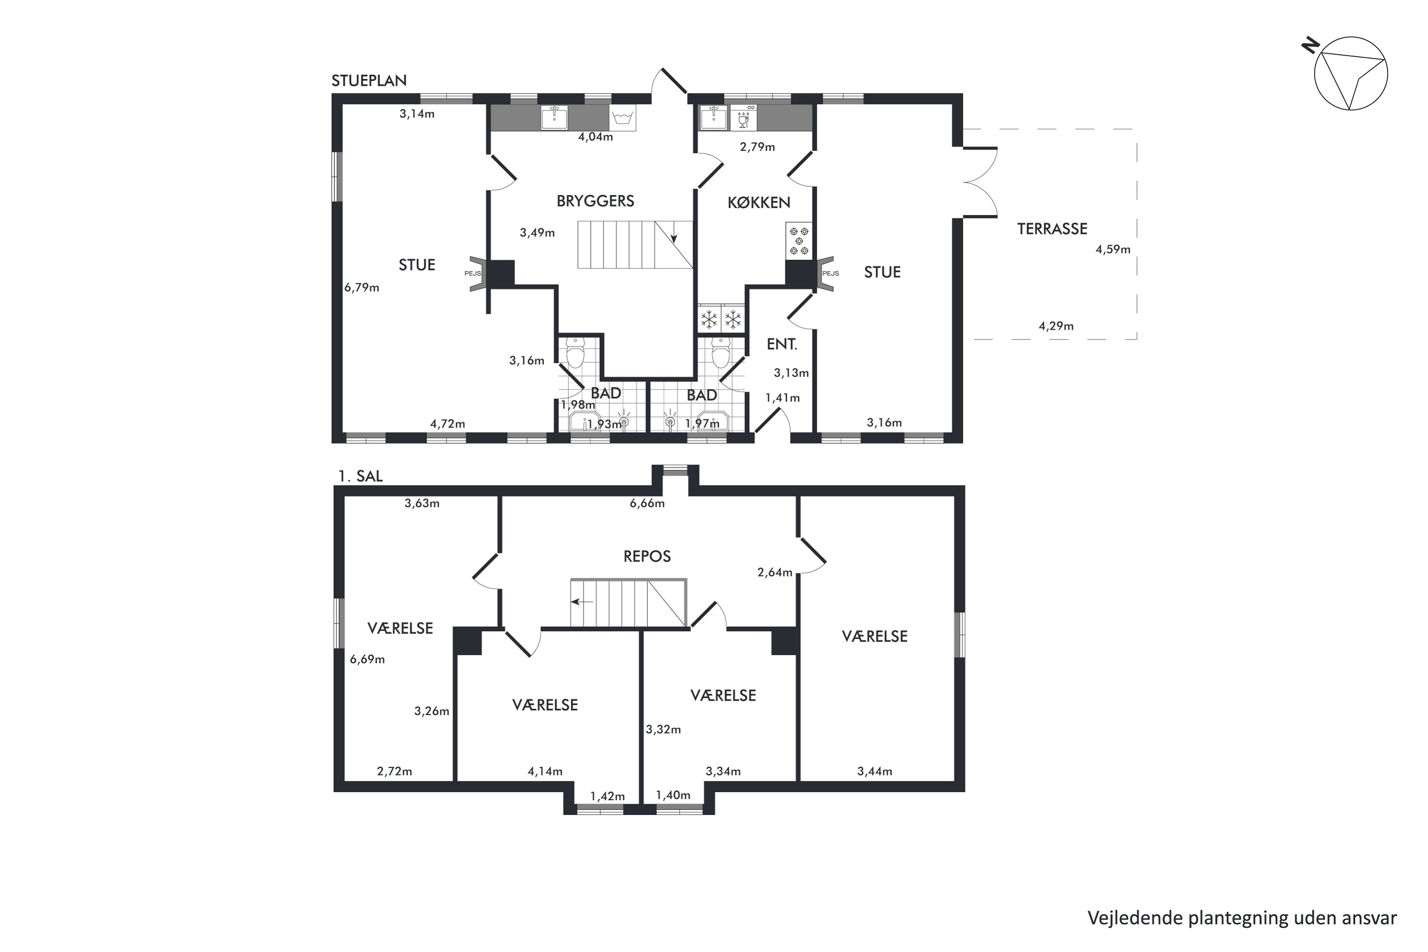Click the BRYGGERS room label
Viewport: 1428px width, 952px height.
point(595,201)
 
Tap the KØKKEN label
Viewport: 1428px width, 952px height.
point(758,202)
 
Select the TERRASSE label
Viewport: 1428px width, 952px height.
point(1052,229)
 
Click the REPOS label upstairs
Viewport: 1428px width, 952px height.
point(647,556)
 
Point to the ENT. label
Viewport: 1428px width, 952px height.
point(782,344)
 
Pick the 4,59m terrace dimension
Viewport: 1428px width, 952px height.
point(1113,249)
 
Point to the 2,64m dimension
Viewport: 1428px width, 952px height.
point(775,572)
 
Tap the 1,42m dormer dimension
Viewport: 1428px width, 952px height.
point(607,796)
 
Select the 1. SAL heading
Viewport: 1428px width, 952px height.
point(361,476)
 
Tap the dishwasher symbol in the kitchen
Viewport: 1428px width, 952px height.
point(743,117)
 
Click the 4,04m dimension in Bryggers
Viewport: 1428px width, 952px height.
point(595,137)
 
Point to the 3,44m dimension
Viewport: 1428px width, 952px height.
point(874,771)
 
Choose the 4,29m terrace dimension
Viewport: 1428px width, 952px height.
point(1056,326)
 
